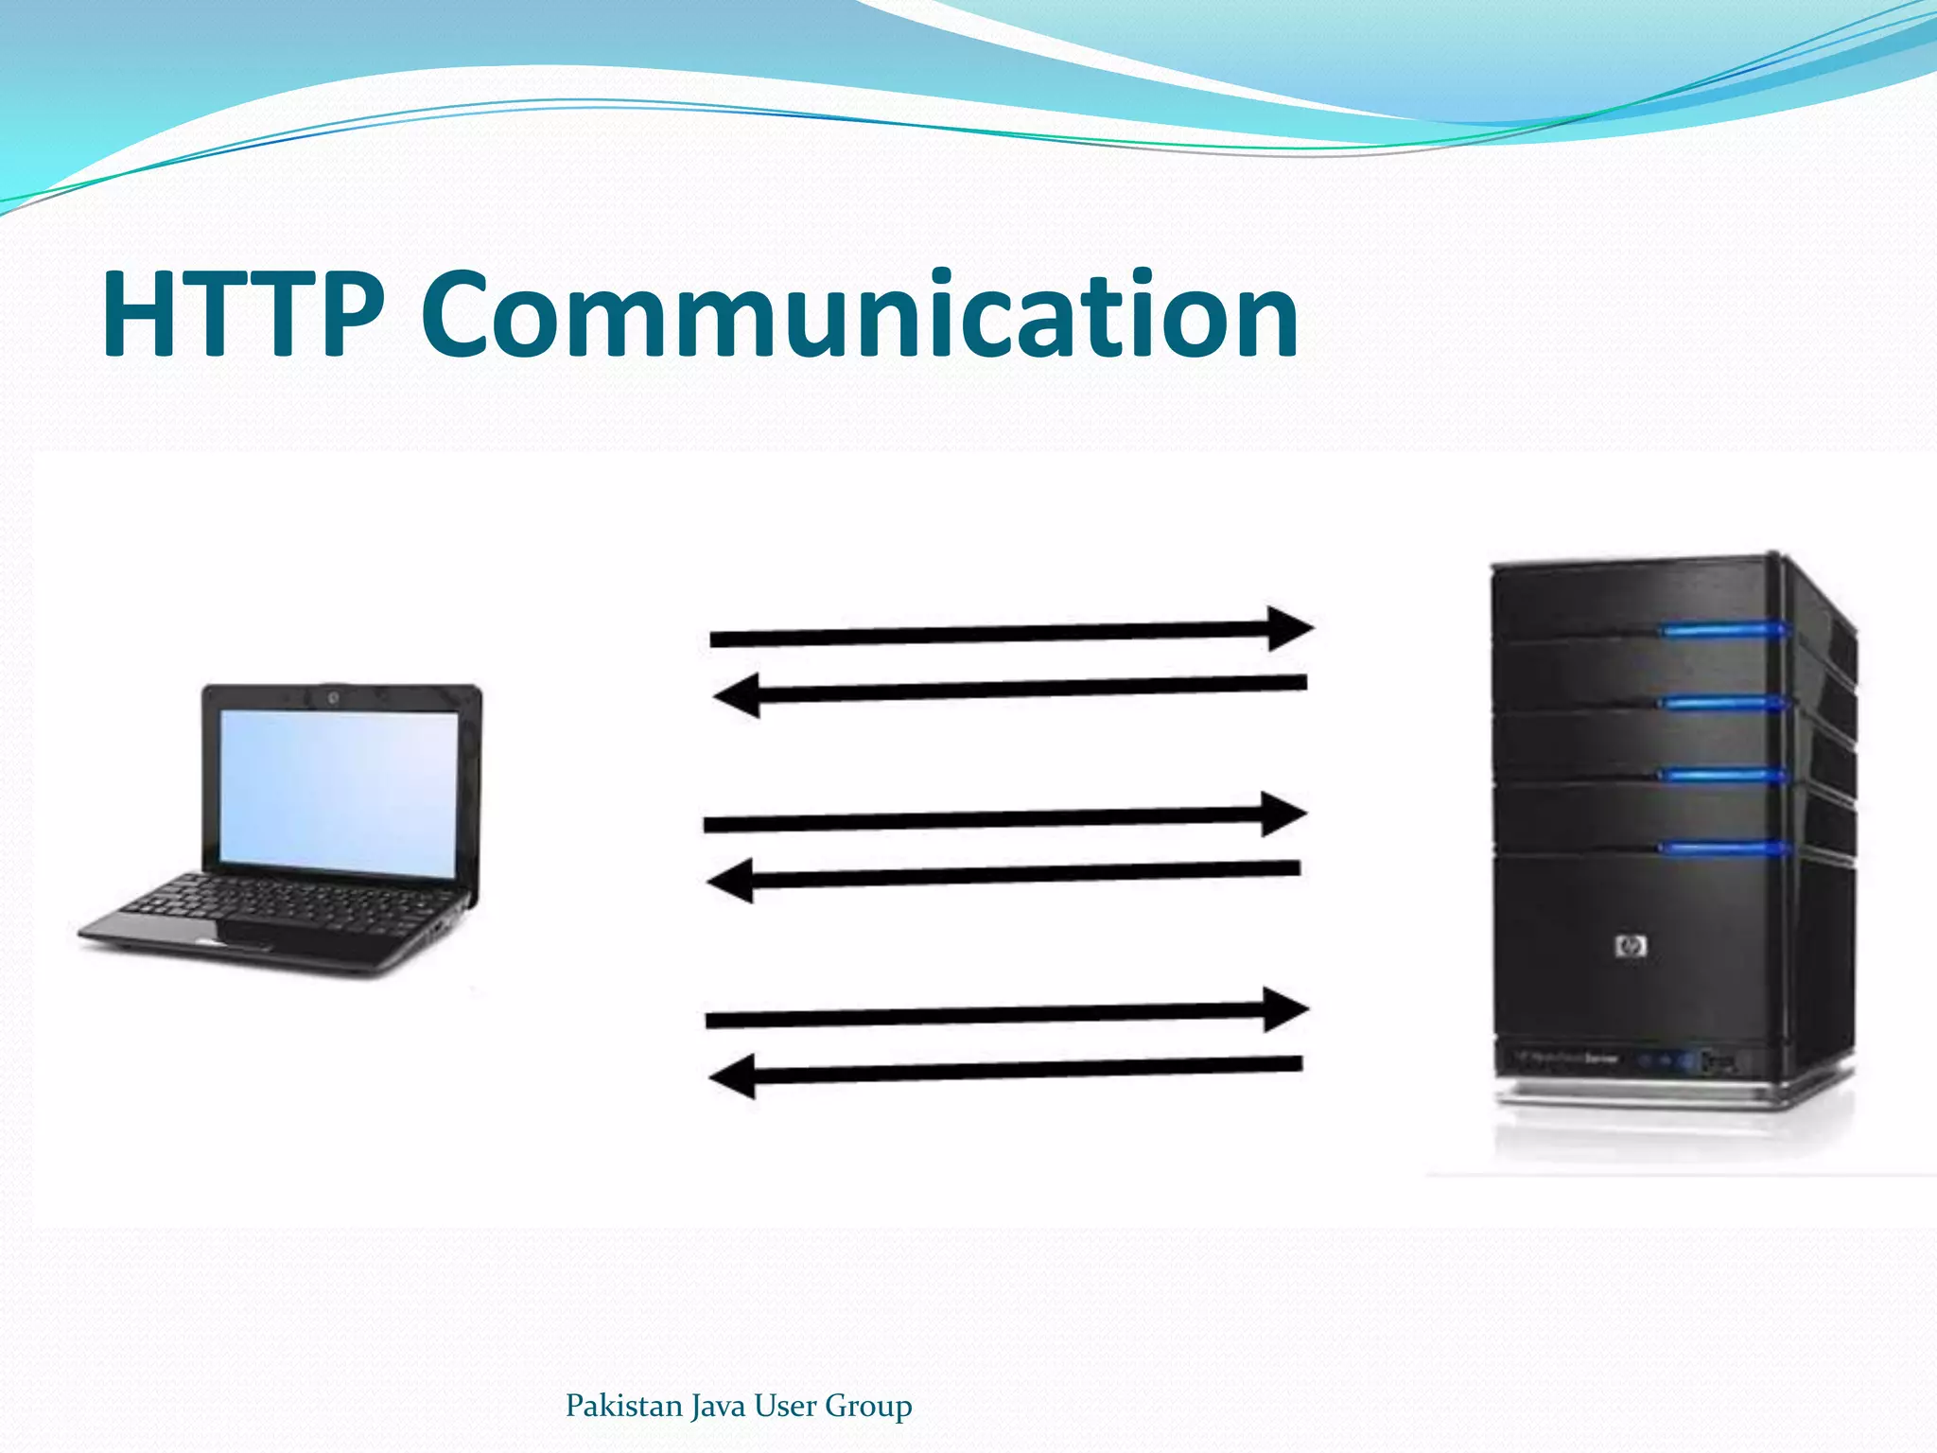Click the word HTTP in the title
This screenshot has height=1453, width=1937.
243,314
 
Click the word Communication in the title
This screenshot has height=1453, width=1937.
859,314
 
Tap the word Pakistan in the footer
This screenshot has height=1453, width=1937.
623,1405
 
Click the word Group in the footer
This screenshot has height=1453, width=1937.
867,1406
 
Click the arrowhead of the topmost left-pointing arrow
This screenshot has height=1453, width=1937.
738,697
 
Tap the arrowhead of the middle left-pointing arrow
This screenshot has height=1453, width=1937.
731,881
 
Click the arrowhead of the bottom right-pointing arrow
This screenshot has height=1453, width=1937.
1286,1010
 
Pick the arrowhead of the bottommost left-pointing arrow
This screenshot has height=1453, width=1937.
733,1077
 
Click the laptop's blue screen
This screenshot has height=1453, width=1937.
339,791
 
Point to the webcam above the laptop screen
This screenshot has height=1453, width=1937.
334,698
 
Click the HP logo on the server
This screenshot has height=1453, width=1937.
1632,945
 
